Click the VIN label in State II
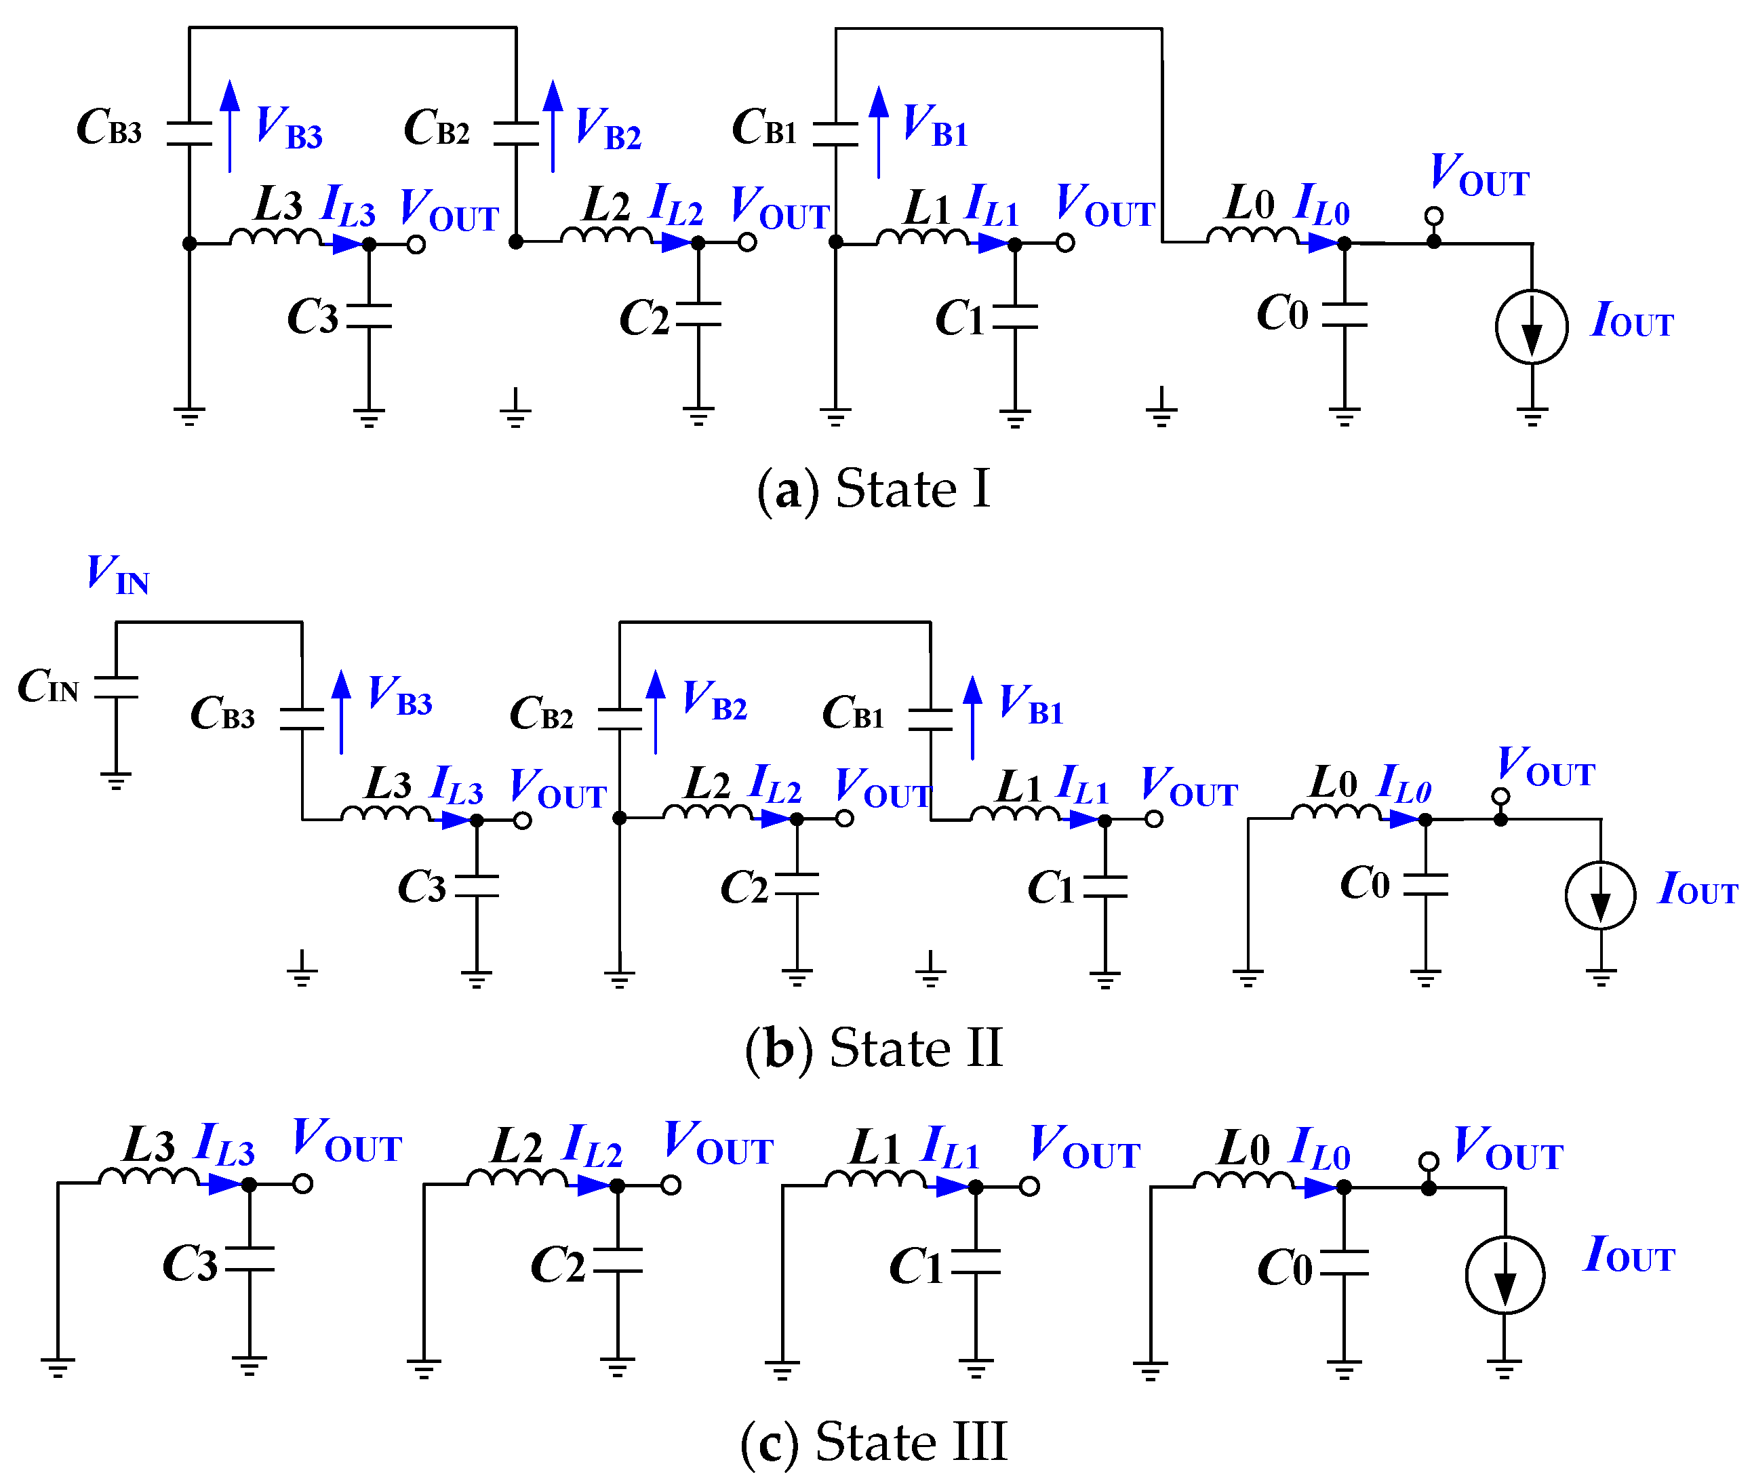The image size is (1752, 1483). click(118, 575)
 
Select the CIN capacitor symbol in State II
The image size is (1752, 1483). click(116, 687)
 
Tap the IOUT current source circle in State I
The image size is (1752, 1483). click(1531, 327)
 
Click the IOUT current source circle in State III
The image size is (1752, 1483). click(1504, 1275)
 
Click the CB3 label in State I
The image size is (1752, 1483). click(109, 127)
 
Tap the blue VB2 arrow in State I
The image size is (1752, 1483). click(553, 126)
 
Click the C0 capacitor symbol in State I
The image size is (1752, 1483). click(1345, 315)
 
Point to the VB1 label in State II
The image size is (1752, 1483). click(1031, 704)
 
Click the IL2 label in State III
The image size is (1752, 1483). click(593, 1147)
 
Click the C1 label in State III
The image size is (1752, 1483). click(917, 1266)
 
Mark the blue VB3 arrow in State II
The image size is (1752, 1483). click(340, 711)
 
